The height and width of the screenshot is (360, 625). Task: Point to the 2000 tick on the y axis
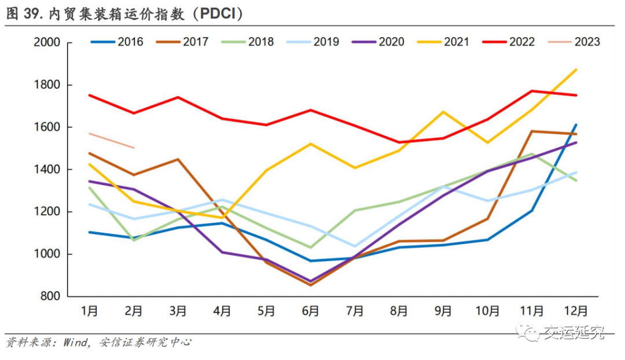tap(47, 43)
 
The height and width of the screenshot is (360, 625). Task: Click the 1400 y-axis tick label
tap(47, 170)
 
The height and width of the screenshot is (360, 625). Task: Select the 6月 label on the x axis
tap(310, 311)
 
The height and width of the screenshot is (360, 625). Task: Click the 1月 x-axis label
tap(90, 311)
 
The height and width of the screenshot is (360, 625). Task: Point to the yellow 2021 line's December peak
tap(576, 69)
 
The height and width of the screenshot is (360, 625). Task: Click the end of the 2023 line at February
tap(134, 148)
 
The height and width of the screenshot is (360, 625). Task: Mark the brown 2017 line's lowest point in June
tap(311, 285)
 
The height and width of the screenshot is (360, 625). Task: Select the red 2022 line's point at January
tap(90, 95)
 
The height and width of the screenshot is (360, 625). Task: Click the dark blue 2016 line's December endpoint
tap(576, 124)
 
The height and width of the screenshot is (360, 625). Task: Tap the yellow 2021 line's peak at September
tap(443, 111)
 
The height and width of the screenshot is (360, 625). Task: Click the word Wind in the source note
tap(72, 343)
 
